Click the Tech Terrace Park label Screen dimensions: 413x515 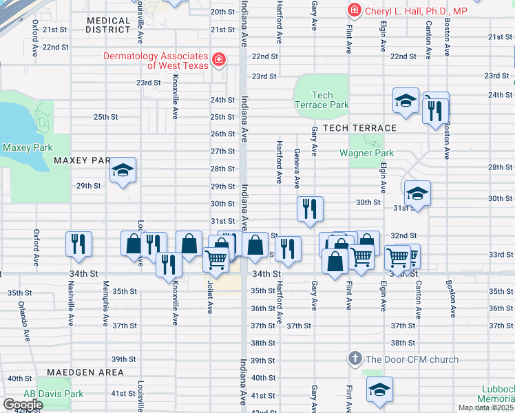(x=321, y=100)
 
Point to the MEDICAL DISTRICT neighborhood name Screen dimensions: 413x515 (x=109, y=25)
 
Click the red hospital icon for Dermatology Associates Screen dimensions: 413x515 (x=219, y=60)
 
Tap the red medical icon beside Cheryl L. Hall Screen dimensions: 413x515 (x=354, y=10)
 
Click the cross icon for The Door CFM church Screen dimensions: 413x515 (x=355, y=359)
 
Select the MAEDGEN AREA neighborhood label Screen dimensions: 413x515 (x=85, y=372)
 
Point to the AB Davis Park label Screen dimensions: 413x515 (x=45, y=394)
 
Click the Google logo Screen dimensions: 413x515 (x=24, y=405)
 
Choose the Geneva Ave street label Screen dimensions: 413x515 (x=297, y=168)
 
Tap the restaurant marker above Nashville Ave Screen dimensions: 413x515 (x=78, y=244)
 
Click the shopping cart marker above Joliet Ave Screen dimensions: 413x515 (x=216, y=260)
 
